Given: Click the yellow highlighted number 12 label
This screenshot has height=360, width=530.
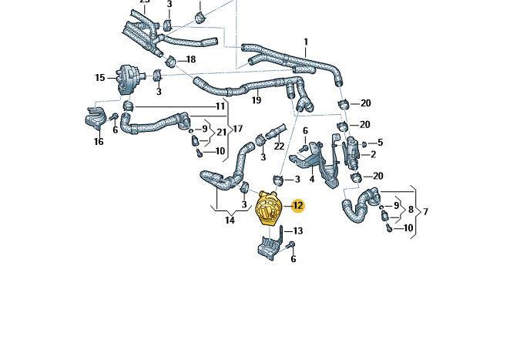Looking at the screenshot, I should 297,206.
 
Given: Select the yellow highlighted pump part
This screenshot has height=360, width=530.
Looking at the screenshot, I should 269,207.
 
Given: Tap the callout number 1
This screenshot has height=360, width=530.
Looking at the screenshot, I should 305,42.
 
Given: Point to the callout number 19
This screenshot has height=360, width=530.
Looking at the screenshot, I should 256,100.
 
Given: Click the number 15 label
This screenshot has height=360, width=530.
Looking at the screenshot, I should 100,77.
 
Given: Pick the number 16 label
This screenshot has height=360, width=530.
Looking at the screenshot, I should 99,141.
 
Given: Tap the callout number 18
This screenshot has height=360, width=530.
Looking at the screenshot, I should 190,59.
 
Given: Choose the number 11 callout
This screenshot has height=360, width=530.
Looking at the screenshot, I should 220,106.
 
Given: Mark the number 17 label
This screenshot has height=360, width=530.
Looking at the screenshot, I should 238,129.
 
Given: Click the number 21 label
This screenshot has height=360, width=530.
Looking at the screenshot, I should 221,132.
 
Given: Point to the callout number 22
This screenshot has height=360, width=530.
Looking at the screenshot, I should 279,146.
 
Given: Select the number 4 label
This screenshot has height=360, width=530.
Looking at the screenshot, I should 311,179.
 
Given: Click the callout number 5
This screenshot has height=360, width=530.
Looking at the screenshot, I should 380,143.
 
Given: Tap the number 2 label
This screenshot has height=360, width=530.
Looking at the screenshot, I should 373,154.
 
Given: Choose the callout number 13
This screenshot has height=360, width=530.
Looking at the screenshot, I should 297,230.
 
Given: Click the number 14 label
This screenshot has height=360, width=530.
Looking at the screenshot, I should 230,220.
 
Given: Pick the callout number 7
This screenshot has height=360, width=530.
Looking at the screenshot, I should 425,211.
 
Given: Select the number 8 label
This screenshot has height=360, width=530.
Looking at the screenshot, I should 411,209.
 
